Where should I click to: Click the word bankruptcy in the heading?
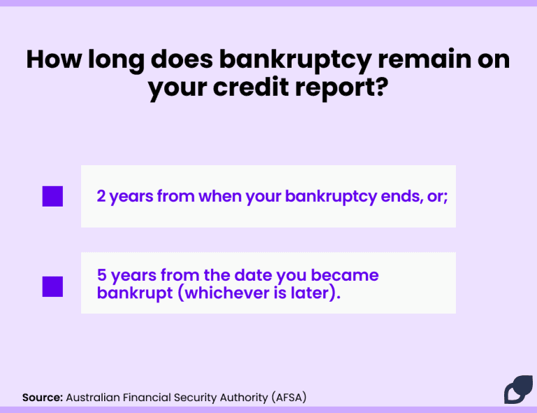click(x=295, y=61)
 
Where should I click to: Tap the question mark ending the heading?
click(x=381, y=86)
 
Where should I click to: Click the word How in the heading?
click(x=54, y=59)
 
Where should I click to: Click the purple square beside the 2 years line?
click(x=52, y=197)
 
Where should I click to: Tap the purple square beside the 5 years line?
click(x=52, y=286)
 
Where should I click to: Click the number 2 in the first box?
click(x=101, y=196)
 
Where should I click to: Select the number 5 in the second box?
click(x=101, y=275)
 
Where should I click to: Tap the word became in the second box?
click(x=345, y=275)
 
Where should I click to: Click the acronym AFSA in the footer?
click(x=289, y=398)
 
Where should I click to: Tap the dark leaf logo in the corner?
click(x=518, y=389)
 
